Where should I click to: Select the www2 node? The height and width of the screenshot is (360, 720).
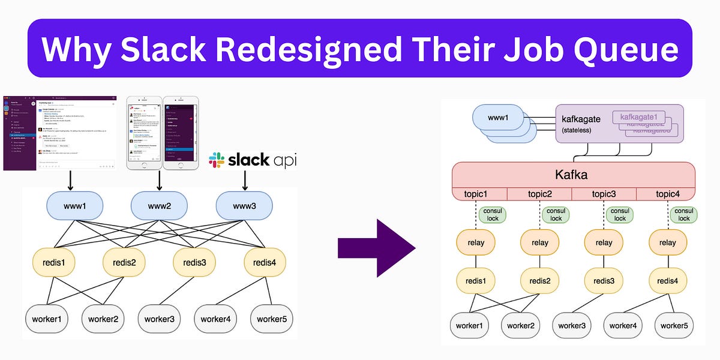[159, 206]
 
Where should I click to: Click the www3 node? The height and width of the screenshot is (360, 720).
[244, 206]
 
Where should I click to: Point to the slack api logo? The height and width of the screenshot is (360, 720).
[253, 160]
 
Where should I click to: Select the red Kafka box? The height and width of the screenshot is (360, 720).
[573, 175]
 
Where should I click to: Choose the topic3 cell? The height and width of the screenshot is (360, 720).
[604, 194]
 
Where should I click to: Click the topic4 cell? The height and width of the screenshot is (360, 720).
[667, 194]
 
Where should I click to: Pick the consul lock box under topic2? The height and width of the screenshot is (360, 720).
[556, 215]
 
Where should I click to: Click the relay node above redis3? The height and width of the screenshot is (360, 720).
[604, 242]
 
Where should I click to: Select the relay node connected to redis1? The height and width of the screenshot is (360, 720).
[476, 242]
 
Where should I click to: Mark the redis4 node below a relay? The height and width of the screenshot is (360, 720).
[668, 280]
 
